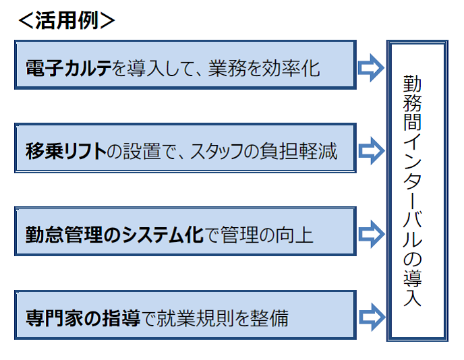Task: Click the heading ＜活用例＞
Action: tap(67, 20)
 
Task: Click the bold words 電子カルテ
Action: tap(69, 68)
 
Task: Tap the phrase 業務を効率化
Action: tap(264, 68)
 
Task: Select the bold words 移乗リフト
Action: tap(66, 151)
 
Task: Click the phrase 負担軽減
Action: tap(299, 151)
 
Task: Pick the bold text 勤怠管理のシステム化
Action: tap(115, 235)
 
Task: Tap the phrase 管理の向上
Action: tap(266, 235)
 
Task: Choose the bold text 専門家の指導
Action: tap(83, 318)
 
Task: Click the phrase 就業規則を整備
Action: tap(223, 318)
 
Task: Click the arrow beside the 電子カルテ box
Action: tap(371, 67)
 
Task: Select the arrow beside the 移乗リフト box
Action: tap(371, 151)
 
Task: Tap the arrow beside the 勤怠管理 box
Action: tap(371, 234)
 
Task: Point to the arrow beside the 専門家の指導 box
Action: tap(372, 317)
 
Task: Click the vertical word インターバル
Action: tap(413, 191)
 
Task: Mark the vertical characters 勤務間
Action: tap(413, 103)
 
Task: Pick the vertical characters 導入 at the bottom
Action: tap(413, 288)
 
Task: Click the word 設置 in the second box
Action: tap(142, 151)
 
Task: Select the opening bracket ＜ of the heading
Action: tap(26, 20)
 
